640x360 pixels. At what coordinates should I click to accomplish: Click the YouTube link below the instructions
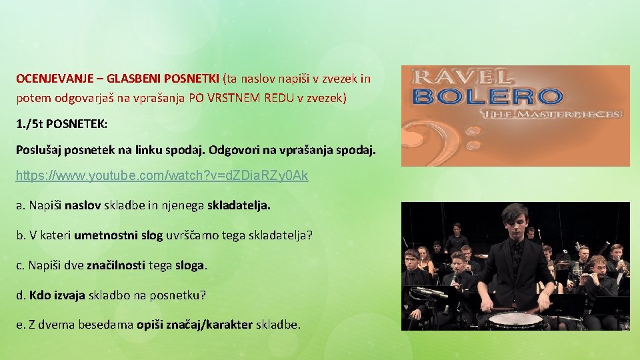point(162,176)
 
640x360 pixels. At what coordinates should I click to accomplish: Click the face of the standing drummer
point(515,224)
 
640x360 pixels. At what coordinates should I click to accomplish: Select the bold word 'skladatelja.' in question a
point(239,205)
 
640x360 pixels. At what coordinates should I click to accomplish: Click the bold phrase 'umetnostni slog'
point(118,235)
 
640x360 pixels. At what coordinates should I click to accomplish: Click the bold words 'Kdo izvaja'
point(57,295)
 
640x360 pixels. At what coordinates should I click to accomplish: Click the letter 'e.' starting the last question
point(21,325)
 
